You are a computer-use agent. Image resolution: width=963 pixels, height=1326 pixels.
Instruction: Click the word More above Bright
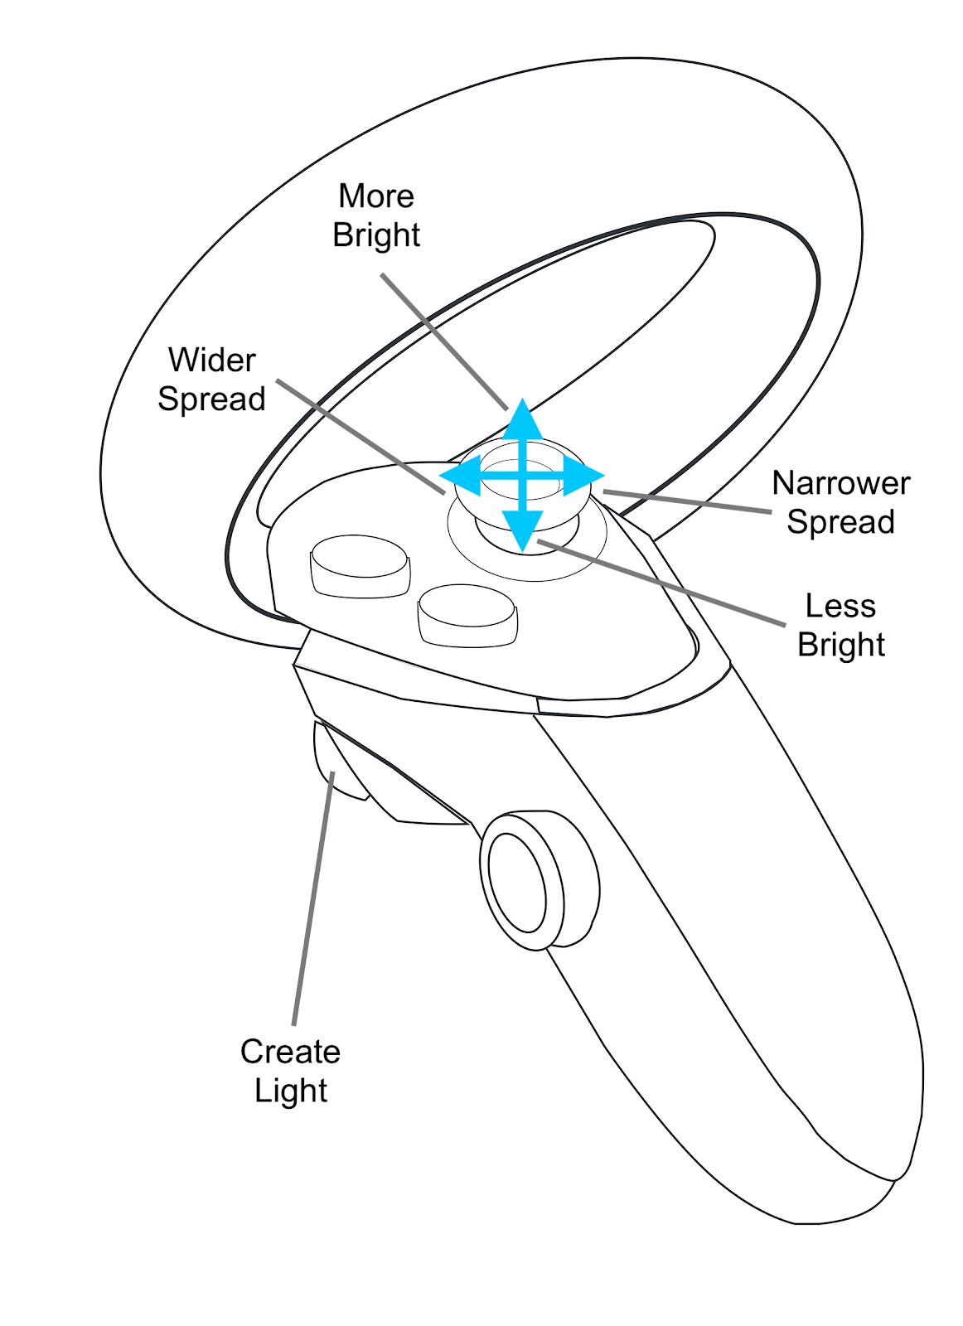point(375,196)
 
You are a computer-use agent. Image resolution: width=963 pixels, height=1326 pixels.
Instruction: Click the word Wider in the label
point(211,361)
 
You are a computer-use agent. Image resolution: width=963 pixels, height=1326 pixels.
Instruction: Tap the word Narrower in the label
point(840,483)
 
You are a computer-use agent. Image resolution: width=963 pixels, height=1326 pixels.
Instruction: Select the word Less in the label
point(840,607)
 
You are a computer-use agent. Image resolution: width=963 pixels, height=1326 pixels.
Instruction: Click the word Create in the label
point(290,1052)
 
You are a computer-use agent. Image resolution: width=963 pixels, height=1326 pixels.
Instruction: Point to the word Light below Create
point(290,1091)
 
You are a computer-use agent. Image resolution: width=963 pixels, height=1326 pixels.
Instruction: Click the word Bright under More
point(375,235)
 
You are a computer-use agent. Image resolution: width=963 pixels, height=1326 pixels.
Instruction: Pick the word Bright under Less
point(840,646)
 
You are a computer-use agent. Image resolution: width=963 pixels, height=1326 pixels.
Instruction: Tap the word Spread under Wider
point(211,399)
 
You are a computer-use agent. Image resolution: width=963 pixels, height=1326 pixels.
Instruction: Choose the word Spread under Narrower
point(840,522)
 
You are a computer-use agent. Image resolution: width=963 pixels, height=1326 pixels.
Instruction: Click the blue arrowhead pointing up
point(522,419)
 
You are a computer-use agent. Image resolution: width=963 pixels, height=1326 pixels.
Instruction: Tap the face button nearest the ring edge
point(359,565)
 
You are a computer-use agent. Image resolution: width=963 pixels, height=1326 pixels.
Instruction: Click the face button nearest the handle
point(467,615)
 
